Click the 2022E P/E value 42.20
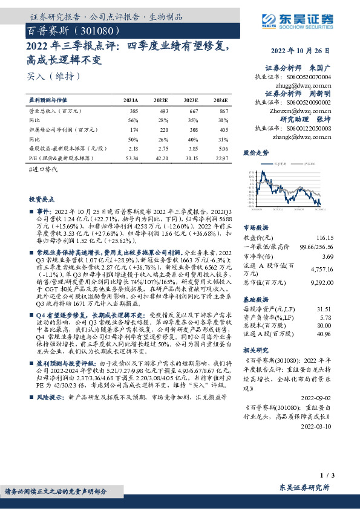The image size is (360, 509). point(161,157)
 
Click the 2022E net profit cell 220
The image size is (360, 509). point(161,129)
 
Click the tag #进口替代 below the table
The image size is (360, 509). point(42,172)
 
